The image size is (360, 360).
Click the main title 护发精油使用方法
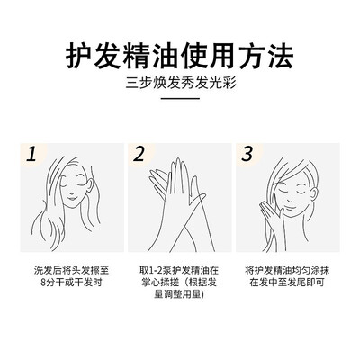click(179, 57)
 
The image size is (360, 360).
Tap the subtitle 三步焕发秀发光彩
click(181, 83)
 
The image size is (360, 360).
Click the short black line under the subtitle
click(180, 98)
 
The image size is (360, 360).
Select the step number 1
click(31, 155)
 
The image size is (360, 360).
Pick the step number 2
click(139, 155)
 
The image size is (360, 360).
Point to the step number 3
click(247, 155)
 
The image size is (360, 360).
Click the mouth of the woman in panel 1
click(71, 198)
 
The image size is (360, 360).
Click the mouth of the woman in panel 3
click(289, 206)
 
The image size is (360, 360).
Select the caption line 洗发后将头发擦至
click(72, 270)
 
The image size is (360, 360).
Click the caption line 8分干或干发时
click(71, 283)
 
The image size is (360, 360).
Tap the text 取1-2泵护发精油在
click(179, 270)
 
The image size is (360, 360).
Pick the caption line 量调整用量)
click(179, 294)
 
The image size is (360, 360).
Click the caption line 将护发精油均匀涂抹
click(287, 270)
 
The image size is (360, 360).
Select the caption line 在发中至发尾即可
click(287, 283)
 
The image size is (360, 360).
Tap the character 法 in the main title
click(280, 57)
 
